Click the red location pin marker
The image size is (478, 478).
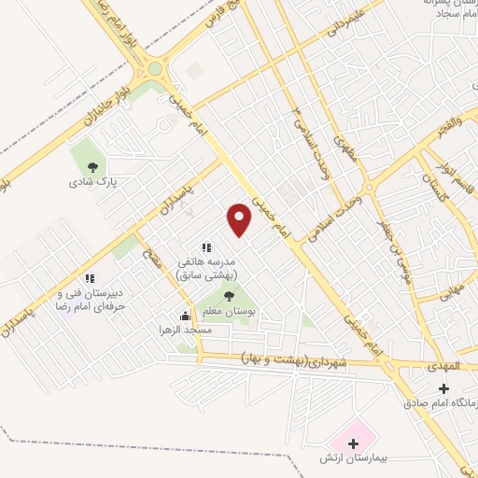point(241,218)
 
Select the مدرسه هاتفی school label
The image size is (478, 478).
point(210,268)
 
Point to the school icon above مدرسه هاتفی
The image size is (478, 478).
point(206,247)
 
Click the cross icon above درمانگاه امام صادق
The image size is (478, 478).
point(443,387)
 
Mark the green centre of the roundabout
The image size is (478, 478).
point(155,68)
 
